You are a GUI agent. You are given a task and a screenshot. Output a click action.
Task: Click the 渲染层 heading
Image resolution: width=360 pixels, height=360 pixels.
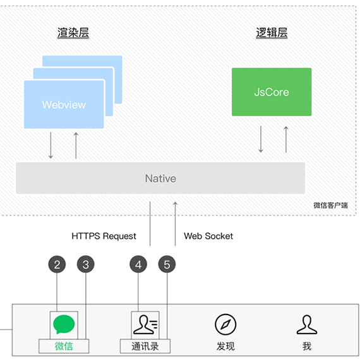(73, 32)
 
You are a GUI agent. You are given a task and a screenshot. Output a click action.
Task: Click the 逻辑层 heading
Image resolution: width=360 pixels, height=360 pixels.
(272, 32)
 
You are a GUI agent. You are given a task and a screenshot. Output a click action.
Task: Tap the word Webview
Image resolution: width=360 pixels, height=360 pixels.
(64, 105)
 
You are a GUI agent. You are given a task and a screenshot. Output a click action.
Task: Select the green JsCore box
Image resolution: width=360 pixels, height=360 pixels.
(272, 92)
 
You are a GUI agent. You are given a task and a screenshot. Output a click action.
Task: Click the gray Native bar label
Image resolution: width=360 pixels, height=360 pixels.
(160, 178)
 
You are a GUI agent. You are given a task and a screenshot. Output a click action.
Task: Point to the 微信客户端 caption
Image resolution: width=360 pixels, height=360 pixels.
(330, 205)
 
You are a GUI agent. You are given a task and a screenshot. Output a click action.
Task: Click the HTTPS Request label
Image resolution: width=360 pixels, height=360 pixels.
(104, 236)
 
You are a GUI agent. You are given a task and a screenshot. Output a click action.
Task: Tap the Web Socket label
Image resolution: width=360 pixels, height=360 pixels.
(208, 236)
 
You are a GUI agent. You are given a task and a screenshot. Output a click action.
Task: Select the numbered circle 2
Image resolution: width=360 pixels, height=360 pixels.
(57, 264)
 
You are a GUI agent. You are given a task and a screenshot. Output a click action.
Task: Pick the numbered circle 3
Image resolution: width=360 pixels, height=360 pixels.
(86, 264)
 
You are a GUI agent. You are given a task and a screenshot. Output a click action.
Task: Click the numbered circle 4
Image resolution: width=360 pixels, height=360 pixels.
(138, 264)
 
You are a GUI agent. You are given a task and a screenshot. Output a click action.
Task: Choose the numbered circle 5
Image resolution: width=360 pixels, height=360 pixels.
(167, 264)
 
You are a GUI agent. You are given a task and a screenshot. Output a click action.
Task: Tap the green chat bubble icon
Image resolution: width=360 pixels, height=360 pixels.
(64, 325)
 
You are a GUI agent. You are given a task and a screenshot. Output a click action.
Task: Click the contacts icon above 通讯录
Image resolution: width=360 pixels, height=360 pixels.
(145, 325)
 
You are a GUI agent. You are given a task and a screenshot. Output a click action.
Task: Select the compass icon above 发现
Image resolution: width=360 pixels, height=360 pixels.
(225, 325)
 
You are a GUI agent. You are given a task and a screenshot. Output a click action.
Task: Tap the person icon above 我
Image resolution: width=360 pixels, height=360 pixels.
(307, 325)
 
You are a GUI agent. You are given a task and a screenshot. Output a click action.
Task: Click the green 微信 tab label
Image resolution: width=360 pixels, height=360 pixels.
(64, 346)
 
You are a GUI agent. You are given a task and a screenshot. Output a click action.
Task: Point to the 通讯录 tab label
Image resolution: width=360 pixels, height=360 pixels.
(145, 346)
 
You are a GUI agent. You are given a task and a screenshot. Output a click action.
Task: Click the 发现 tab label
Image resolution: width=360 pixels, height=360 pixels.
(225, 346)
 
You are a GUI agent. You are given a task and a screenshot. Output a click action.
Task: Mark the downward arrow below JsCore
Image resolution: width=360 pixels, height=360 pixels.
(261, 139)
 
